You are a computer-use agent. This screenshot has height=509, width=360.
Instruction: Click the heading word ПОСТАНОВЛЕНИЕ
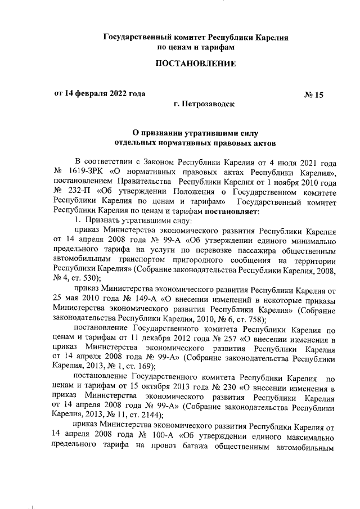pos(196,64)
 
